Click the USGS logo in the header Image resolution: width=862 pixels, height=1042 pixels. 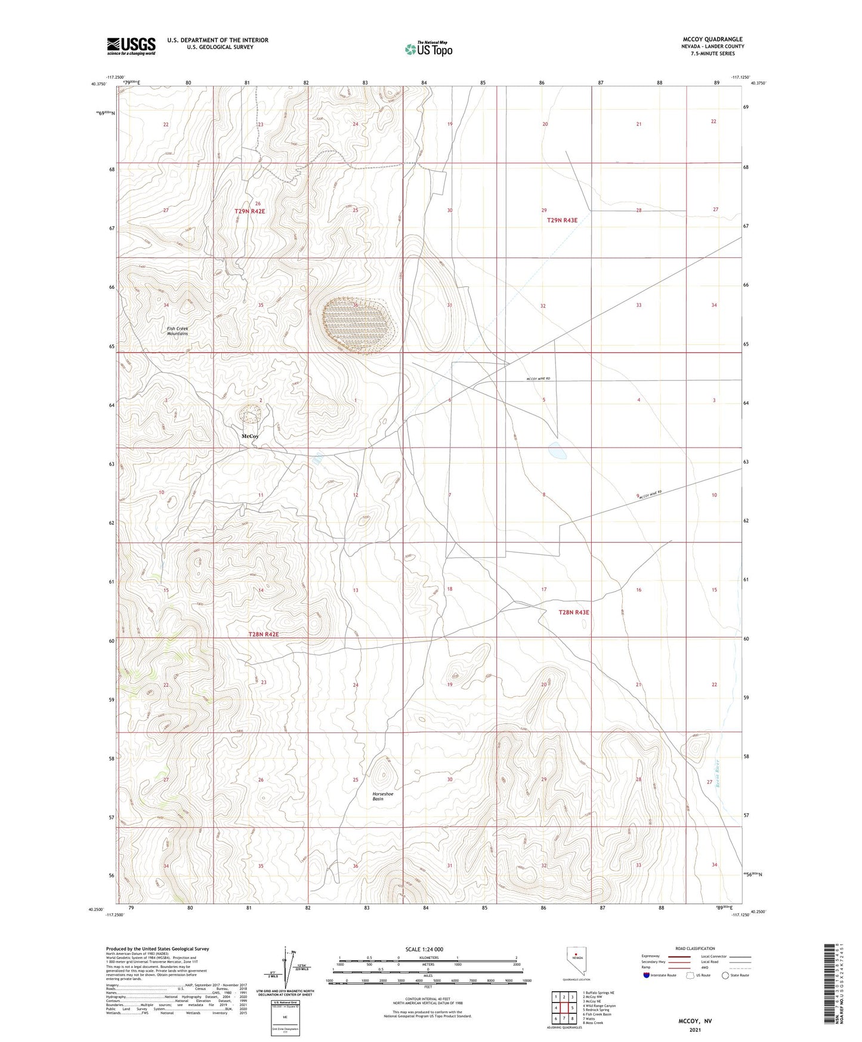[x=131, y=46]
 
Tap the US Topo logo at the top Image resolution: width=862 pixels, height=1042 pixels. [x=428, y=48]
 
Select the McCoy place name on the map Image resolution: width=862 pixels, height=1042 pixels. [x=250, y=436]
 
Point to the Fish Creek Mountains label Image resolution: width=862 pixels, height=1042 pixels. [x=177, y=331]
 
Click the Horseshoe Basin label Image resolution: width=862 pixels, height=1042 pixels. [x=382, y=796]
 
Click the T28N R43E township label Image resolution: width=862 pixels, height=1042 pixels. [x=573, y=612]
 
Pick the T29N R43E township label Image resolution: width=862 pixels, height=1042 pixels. [x=562, y=220]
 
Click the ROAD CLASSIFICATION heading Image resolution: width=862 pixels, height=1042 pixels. [x=695, y=948]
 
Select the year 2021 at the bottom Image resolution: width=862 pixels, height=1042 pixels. [x=694, y=1030]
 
